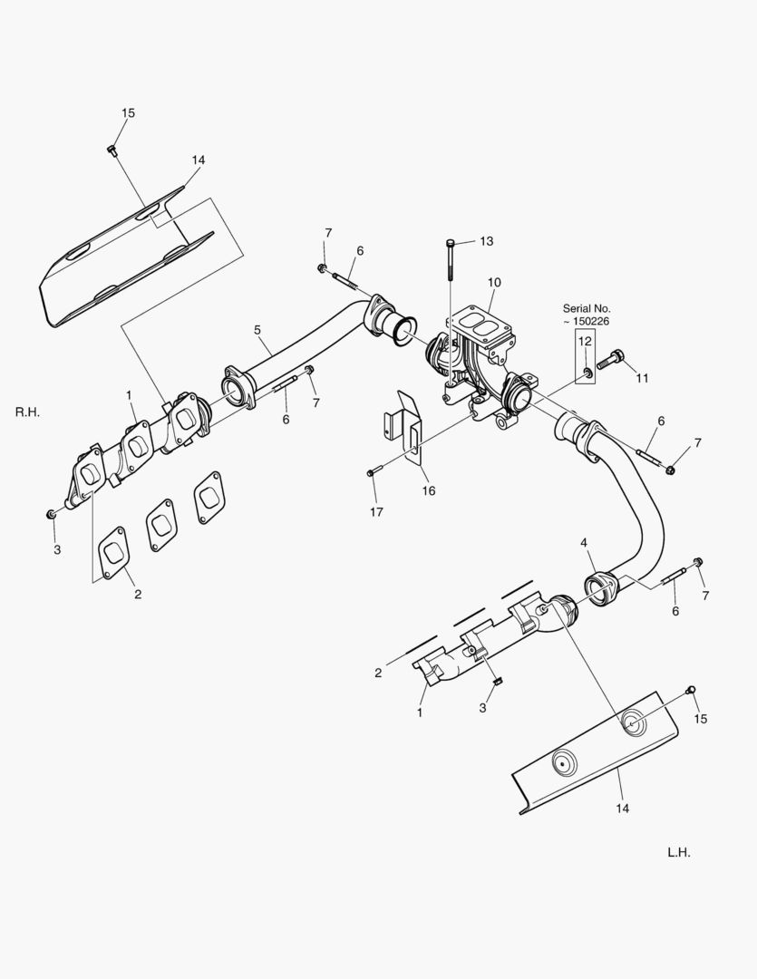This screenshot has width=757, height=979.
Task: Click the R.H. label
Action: (x=28, y=412)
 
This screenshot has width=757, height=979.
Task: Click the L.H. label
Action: (x=679, y=852)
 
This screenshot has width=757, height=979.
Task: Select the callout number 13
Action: (x=486, y=241)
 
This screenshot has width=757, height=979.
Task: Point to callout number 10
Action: (x=493, y=282)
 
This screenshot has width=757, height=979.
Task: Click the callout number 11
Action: (x=642, y=378)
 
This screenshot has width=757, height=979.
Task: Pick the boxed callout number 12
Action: (x=585, y=341)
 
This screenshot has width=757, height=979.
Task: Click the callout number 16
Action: (x=428, y=490)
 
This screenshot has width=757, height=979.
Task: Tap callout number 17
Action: (x=376, y=512)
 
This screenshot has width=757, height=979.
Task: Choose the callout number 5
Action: (x=257, y=330)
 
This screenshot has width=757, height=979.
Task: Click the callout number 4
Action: (x=585, y=543)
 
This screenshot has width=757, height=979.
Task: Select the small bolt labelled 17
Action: (x=371, y=472)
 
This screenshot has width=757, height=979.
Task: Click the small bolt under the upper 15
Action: (x=112, y=150)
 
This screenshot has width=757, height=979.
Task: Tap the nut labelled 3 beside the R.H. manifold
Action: (x=52, y=514)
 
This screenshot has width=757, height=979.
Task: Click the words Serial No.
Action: (x=587, y=308)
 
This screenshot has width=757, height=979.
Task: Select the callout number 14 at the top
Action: (x=198, y=160)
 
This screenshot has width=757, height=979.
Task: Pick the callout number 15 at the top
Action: (x=128, y=112)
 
